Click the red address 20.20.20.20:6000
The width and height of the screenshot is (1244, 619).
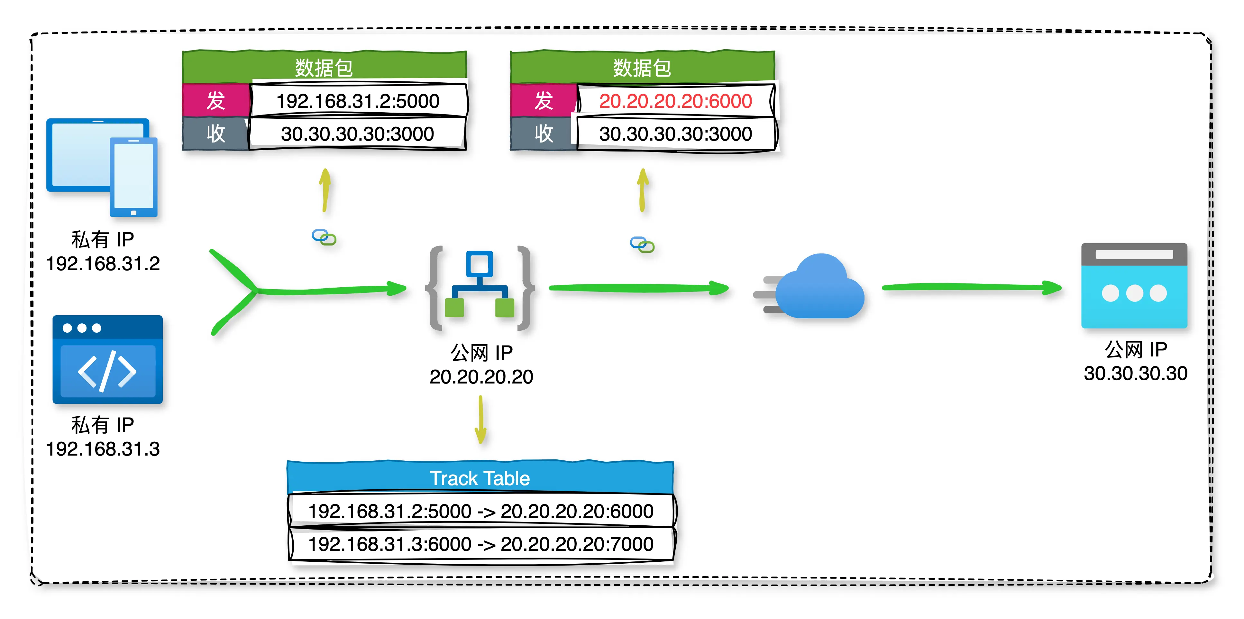pos(675,101)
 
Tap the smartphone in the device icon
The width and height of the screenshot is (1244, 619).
pos(133,176)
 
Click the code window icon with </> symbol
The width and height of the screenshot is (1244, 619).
pos(107,359)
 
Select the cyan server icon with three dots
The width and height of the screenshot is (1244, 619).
pos(1134,286)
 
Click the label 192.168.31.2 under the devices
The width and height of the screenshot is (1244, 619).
pos(103,264)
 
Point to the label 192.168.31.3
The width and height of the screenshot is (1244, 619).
pos(103,449)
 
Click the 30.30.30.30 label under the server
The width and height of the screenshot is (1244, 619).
pos(1135,374)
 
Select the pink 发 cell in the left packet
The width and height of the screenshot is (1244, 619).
pos(216,100)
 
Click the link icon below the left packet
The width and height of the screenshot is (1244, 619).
pos(324,237)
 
